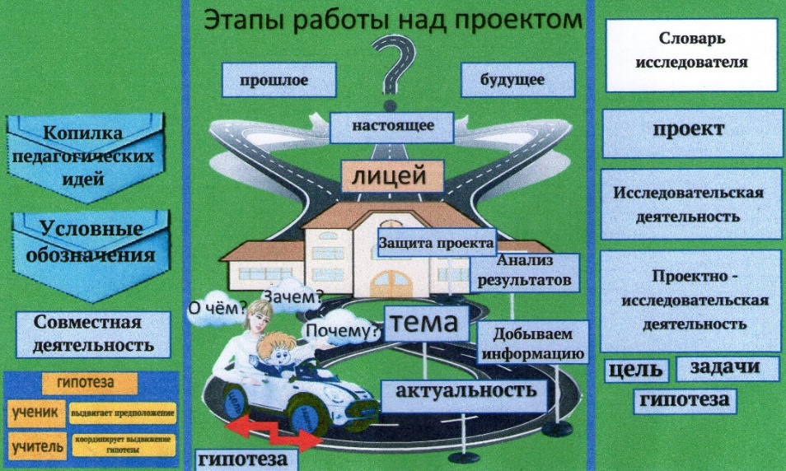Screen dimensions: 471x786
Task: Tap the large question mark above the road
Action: pos(394,66)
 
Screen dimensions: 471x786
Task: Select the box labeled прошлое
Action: pos(279,81)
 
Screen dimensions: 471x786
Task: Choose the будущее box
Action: pos(512,81)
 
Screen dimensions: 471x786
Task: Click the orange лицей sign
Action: pos(394,175)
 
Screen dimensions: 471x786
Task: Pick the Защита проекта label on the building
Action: pos(436,244)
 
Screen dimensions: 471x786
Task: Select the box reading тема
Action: pos(425,323)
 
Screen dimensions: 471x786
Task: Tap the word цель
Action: pos(635,371)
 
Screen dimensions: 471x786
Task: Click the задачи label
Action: pos(728,368)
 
